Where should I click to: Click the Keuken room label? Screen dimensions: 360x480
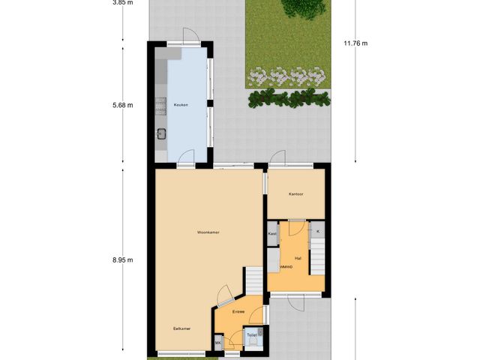tap(180, 105)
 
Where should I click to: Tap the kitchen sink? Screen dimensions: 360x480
tap(161, 134)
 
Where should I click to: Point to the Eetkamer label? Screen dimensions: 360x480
tap(181, 328)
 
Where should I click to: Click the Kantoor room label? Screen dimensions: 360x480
tap(295, 194)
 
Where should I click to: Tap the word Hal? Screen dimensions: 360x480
tap(298, 258)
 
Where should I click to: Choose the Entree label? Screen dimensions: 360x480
tap(238, 311)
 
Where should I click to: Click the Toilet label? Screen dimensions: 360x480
tap(252, 335)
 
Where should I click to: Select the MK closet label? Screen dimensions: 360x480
tap(218, 343)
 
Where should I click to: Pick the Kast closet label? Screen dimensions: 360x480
tap(272, 234)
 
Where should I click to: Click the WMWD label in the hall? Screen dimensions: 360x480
tap(286, 267)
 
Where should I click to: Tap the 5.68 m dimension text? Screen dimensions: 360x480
tap(122, 105)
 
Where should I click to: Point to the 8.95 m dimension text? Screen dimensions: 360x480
tap(122, 260)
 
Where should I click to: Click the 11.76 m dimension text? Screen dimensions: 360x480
tap(355, 43)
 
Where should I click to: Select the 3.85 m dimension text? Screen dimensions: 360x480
tap(122, 2)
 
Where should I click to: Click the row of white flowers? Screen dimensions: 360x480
tap(288, 76)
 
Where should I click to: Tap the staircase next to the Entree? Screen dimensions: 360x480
tap(256, 280)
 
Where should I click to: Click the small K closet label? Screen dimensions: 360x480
tap(318, 232)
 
